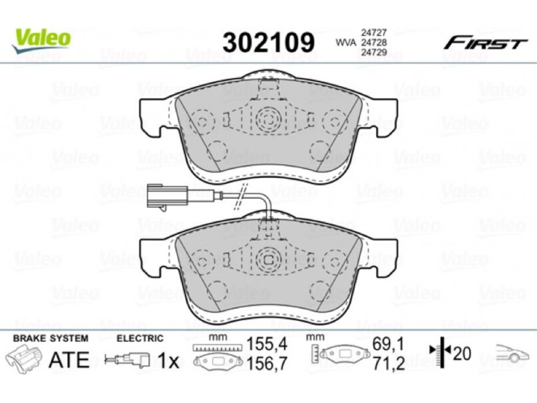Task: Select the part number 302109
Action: click(268, 42)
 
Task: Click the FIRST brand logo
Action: click(485, 44)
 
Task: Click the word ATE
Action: click(69, 359)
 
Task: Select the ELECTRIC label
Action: click(140, 339)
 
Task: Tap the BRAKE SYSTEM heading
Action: click(51, 339)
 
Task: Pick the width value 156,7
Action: click(266, 363)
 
